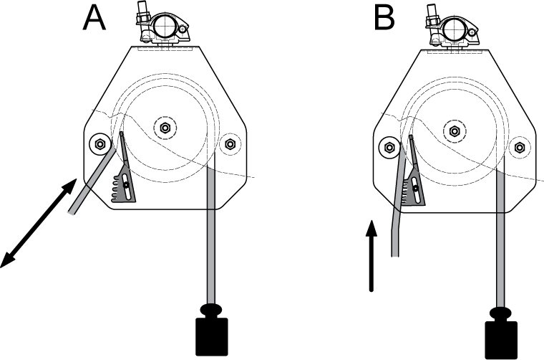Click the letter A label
pos(94,17)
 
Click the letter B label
pos(384,17)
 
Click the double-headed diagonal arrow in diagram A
pos(39,223)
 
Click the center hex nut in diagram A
pos(165,128)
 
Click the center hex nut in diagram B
pos(453,131)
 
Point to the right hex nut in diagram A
pos(230,144)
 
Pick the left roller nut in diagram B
pos(389,148)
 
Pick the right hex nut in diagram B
pos(519,147)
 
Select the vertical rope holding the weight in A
pos(212,237)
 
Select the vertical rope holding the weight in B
pos(501,244)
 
